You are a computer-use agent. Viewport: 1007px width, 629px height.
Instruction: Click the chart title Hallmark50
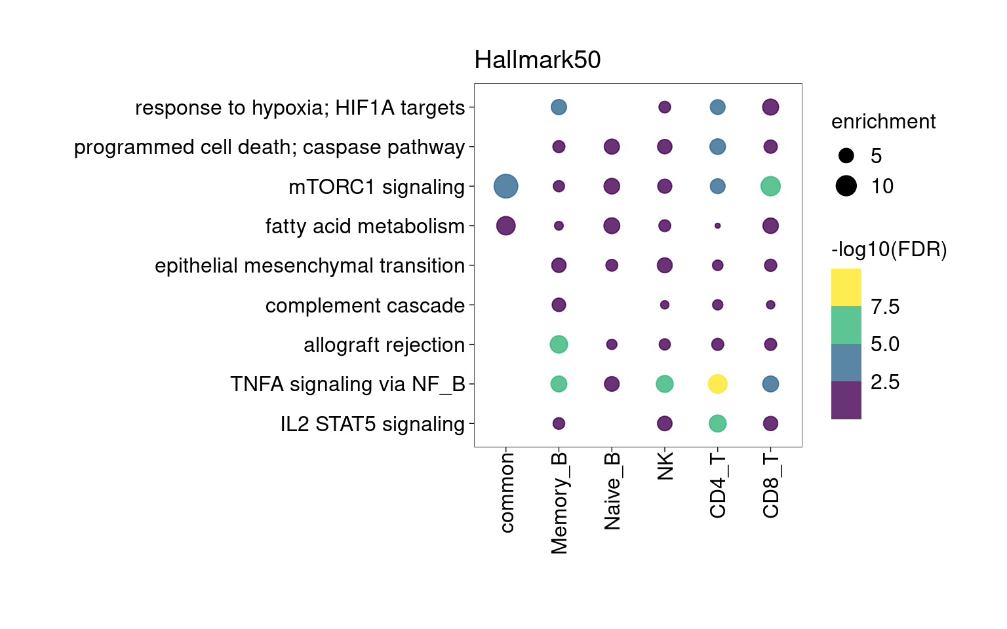538,60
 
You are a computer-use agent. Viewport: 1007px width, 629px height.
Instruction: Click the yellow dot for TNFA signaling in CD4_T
717,384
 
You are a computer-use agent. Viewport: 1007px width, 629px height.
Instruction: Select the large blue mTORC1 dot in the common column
505,186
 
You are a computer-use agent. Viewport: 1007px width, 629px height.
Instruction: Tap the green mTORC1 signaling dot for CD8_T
770,186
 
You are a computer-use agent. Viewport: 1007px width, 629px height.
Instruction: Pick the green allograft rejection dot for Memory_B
559,344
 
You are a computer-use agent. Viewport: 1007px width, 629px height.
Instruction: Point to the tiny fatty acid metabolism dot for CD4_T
717,226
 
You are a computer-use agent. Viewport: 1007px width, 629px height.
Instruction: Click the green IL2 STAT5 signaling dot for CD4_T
717,423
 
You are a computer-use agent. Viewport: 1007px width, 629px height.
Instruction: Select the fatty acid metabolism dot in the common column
505,226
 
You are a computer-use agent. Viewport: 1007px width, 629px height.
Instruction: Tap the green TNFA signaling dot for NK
664,384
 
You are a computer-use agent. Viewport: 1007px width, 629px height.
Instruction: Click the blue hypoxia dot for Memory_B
559,107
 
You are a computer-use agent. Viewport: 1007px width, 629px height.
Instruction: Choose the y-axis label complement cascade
365,306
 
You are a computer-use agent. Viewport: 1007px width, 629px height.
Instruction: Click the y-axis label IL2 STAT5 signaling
372,425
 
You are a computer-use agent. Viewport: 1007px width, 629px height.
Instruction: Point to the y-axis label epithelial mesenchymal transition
309,266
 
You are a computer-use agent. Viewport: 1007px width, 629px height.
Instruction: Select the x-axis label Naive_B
612,491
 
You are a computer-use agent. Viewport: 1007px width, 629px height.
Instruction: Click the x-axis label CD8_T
771,486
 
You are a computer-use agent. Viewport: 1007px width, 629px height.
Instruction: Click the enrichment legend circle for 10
846,186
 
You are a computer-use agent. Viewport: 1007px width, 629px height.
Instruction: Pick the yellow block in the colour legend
846,287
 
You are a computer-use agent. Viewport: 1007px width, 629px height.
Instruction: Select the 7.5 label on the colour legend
885,307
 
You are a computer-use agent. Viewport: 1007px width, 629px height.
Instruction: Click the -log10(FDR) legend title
889,250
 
